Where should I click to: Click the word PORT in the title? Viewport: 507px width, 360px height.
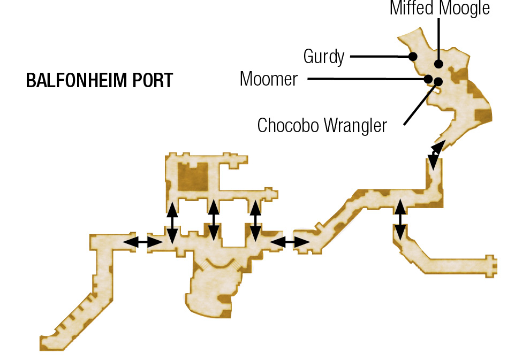tap(153, 80)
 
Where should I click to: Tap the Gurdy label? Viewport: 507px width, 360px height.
tap(324, 57)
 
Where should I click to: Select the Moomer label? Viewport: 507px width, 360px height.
tap(269, 79)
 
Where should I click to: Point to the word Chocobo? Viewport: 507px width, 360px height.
tap(288, 125)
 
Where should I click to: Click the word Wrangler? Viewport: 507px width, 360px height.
tap(355, 126)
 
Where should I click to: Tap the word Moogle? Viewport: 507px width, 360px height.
tap(465, 8)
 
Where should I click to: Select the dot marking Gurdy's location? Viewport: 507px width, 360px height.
tap(413, 57)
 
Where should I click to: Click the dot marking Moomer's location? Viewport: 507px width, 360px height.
tap(428, 79)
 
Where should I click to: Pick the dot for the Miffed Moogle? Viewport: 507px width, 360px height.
tap(438, 64)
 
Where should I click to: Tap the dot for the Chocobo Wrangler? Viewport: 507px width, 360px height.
tap(438, 81)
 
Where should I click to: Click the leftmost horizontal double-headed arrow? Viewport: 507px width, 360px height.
tap(142, 242)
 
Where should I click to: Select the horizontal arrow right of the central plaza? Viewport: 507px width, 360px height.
tap(290, 242)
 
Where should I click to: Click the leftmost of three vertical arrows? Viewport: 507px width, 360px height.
tap(172, 223)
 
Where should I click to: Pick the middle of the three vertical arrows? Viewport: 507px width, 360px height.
tap(214, 221)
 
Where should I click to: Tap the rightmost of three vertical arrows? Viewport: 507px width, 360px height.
tap(255, 221)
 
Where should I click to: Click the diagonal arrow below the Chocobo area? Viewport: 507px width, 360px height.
tap(436, 155)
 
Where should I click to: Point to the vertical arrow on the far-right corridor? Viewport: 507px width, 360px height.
tap(400, 220)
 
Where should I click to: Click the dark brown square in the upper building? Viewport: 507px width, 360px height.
tap(193, 177)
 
